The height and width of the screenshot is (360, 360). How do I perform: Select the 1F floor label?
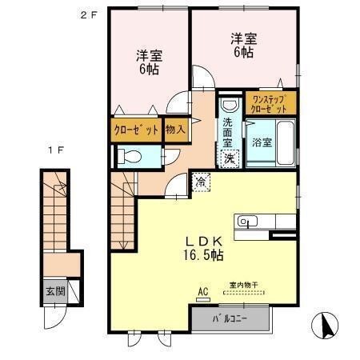click(54, 150)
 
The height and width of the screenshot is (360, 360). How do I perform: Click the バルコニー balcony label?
click(230, 318)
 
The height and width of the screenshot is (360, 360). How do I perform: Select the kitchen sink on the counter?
click(245, 222)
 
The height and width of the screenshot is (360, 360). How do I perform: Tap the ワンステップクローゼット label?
click(273, 103)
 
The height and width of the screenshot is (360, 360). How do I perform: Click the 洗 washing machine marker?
click(228, 158)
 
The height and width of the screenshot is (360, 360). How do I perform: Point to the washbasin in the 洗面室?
click(228, 106)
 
